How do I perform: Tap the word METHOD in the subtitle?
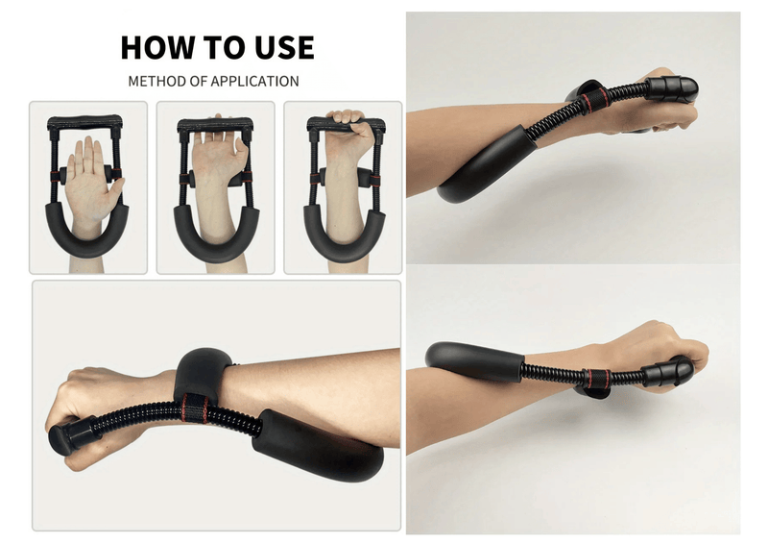[156, 81]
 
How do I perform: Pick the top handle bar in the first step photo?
[85, 121]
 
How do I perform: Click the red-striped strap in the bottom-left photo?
[195, 408]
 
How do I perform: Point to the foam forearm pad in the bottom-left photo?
[319, 449]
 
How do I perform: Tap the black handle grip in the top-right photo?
[673, 88]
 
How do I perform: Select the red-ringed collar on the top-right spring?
[596, 100]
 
